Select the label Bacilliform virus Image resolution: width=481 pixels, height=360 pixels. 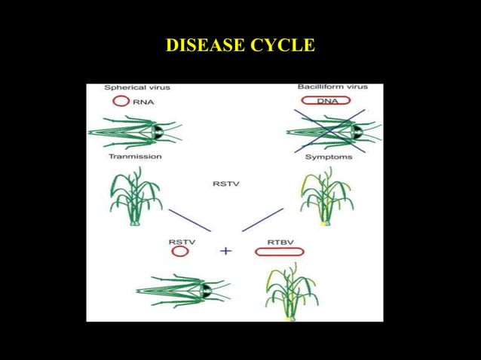click(x=332, y=87)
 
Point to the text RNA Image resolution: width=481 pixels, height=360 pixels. click(x=143, y=101)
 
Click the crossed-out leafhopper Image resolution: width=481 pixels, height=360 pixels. click(x=332, y=133)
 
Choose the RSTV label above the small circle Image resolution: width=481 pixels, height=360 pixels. click(x=182, y=241)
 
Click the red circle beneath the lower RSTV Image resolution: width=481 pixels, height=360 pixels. click(x=180, y=252)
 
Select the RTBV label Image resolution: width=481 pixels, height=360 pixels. click(x=280, y=241)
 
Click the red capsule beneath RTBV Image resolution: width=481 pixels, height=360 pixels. click(x=279, y=252)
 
